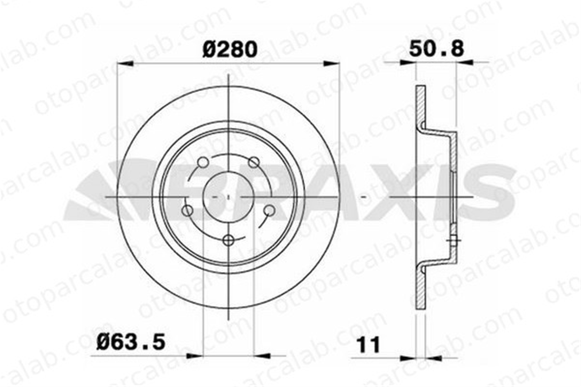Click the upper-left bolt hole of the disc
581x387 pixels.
203,162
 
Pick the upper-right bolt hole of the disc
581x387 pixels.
254,162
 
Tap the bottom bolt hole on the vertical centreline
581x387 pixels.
229,240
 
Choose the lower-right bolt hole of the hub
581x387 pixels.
270,210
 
